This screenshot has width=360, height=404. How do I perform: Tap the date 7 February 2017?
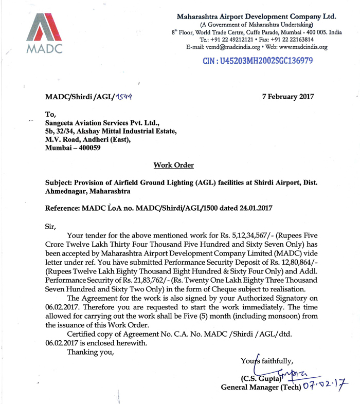point(287,96)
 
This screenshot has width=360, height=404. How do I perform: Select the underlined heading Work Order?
point(173,165)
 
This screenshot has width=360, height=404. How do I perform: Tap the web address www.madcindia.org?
point(303,47)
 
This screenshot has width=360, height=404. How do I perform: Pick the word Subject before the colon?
point(58,182)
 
